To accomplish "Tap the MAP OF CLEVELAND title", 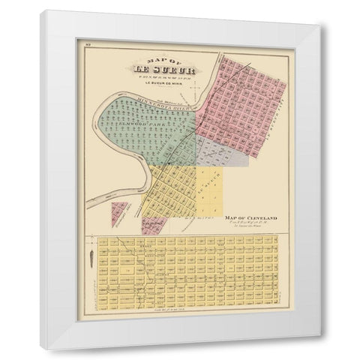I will (x=251, y=218).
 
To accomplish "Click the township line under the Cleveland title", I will (x=251, y=224).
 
